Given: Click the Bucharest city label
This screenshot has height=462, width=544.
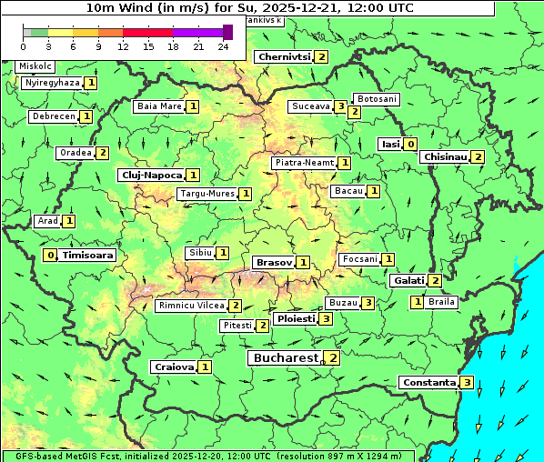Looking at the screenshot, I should coord(285,358).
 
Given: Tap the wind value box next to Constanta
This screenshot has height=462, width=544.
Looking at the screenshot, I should coord(467,382).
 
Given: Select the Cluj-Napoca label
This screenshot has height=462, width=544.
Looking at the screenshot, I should coord(151,175).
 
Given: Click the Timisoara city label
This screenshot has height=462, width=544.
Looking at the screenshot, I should coord(88,256).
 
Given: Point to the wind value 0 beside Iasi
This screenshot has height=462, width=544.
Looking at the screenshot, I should coord(411,144).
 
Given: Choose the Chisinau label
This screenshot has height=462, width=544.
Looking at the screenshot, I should coord(446,156).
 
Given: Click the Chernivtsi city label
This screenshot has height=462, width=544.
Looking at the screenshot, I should coord(284,56).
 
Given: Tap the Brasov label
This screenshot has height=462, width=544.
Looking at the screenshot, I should coord(273,262).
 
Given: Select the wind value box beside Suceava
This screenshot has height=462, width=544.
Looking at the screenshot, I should coord(339,106).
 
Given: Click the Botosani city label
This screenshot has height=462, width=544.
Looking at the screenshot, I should coord(376,98).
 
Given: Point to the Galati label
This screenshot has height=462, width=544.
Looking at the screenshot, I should coord(408,281).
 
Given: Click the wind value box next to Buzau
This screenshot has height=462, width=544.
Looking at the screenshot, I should coord(368,302).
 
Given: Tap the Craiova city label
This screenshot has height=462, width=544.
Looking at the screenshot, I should coord(174,367).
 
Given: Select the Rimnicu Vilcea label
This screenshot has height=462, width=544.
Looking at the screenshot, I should coord(190,306).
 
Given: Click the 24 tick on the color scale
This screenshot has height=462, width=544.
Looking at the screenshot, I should coord(223,45).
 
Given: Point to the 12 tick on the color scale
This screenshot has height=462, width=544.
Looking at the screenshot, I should coord(123,45).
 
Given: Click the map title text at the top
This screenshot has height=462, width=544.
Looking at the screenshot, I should coord(250,7).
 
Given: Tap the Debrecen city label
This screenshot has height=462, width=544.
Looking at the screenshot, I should coord(52,116).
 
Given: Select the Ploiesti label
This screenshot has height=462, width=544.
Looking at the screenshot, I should coord(296,319).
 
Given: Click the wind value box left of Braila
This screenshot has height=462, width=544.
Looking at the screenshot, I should coord(417,302).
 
